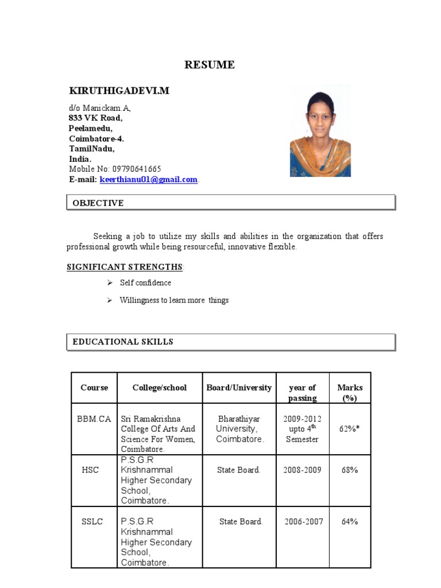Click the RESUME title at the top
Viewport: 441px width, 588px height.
pyautogui.click(x=209, y=65)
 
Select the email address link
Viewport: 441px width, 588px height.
pyautogui.click(x=148, y=180)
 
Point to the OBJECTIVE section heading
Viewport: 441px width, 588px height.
pyautogui.click(x=98, y=203)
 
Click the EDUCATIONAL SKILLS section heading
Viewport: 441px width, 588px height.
pyautogui.click(x=123, y=342)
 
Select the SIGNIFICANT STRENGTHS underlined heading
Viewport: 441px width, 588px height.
pyautogui.click(x=125, y=267)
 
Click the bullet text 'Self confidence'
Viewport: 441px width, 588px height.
pyautogui.click(x=145, y=283)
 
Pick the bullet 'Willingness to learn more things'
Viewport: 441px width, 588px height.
pyautogui.click(x=174, y=300)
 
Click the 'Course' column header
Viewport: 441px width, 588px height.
pyautogui.click(x=94, y=388)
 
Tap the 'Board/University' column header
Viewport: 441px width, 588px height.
pyautogui.click(x=239, y=388)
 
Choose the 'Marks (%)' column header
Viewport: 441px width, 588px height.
pyautogui.click(x=350, y=393)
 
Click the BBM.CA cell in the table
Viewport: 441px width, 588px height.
pyautogui.click(x=94, y=419)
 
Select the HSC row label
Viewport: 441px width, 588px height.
pyautogui.click(x=90, y=470)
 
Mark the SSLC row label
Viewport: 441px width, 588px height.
pyautogui.click(x=92, y=521)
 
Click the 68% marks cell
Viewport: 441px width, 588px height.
pyautogui.click(x=350, y=470)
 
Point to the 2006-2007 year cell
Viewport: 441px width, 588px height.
pyautogui.click(x=303, y=521)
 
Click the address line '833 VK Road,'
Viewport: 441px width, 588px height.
pyautogui.click(x=95, y=118)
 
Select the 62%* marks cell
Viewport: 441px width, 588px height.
pyautogui.click(x=350, y=428)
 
